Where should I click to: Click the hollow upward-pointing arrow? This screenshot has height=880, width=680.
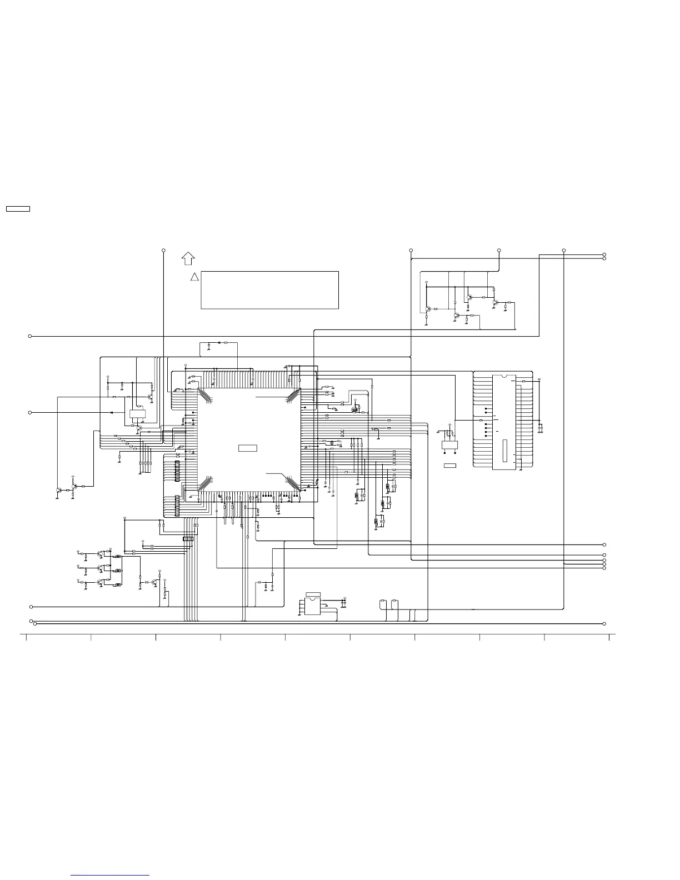(188, 258)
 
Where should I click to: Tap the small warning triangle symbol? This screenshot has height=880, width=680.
(194, 277)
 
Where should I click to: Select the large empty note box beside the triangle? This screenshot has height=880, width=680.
(269, 290)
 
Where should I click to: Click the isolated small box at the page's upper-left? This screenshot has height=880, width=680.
(18, 209)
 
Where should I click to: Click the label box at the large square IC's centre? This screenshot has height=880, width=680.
(248, 448)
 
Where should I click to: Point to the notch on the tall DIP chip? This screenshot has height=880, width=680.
(504, 376)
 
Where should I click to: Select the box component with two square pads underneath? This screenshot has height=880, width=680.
(449, 444)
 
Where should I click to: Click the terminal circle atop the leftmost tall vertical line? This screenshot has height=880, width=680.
(163, 250)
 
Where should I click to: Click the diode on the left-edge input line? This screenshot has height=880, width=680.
(112, 412)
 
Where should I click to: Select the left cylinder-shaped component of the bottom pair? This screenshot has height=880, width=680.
(383, 602)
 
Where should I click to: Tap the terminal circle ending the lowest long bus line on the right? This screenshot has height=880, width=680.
(604, 624)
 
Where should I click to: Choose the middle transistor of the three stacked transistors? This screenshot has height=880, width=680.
(100, 568)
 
